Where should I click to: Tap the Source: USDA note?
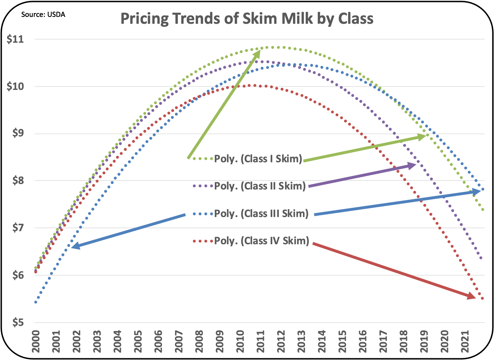coord(43,14)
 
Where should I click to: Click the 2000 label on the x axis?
coord(36,341)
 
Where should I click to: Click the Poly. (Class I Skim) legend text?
coord(258,159)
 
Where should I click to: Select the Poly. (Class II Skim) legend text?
coord(260,186)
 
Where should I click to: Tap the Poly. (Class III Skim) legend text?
coord(261,214)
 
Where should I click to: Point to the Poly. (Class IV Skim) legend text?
coord(262,240)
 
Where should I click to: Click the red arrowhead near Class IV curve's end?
coord(473,296)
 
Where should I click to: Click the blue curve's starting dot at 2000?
coord(36,302)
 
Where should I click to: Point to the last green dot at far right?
coord(483,209)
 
